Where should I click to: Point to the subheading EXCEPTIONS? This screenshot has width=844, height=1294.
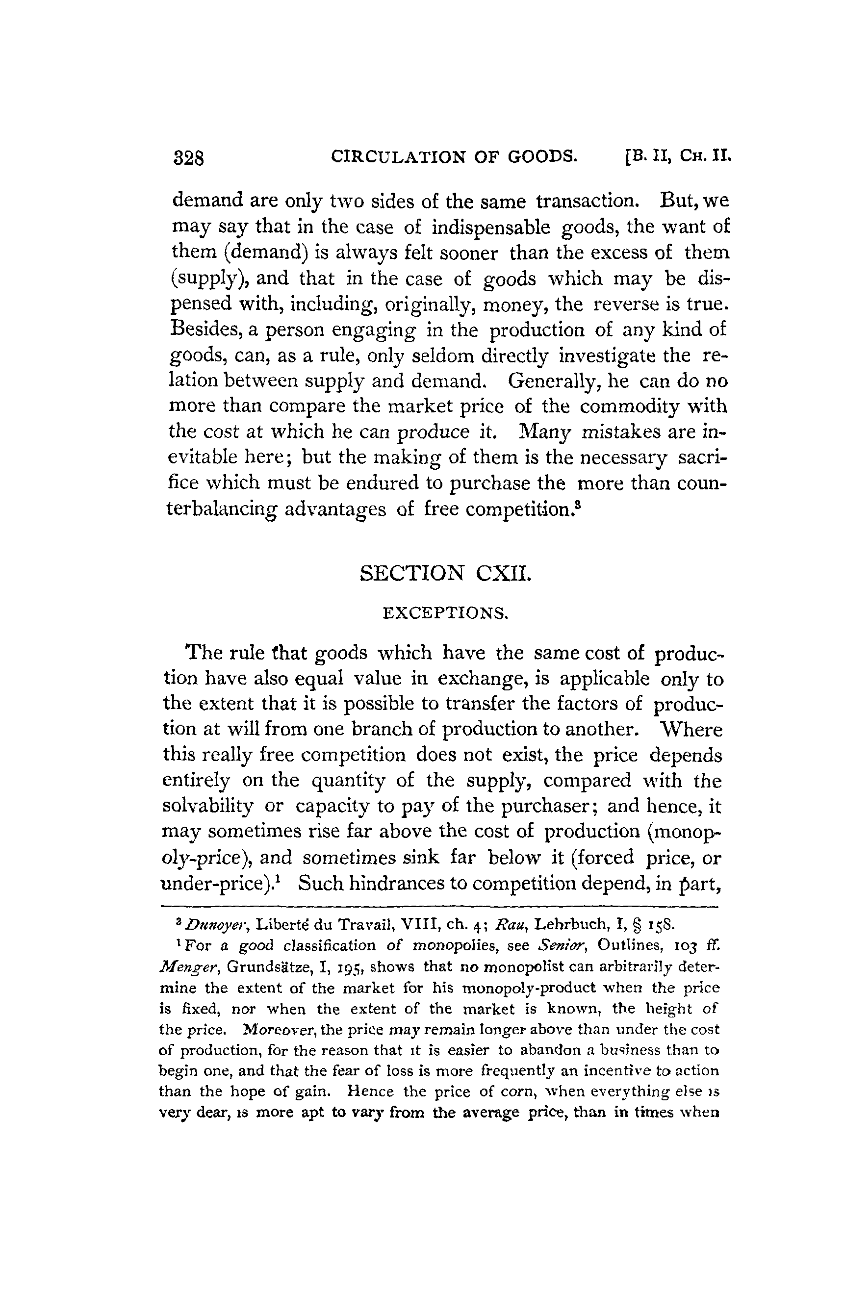coord(445,614)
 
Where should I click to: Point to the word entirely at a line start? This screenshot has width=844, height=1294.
coord(196,780)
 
